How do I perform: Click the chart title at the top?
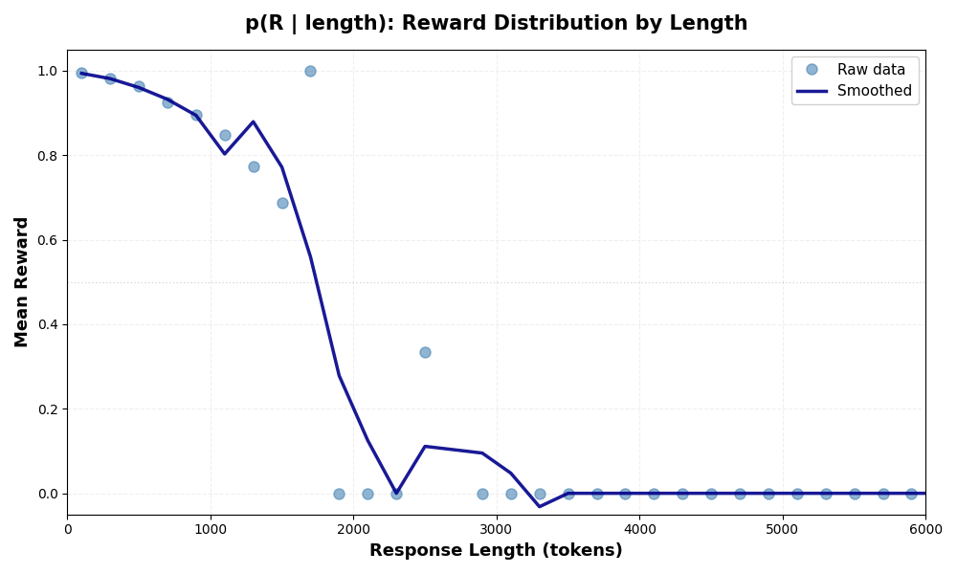pos(496,24)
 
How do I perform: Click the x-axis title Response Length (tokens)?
pos(496,551)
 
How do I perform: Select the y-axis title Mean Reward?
pos(22,281)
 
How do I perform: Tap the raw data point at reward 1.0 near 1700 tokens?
pos(310,71)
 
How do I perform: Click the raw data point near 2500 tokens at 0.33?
pos(425,352)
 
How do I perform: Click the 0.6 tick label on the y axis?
pos(46,240)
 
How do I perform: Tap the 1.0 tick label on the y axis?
pos(46,71)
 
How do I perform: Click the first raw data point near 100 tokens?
pos(81,73)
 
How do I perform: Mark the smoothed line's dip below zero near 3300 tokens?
pos(540,506)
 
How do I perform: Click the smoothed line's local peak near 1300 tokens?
pos(253,121)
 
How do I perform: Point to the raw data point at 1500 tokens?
pos(282,203)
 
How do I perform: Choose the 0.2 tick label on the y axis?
pos(46,409)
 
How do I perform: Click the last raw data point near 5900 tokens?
pos(911,494)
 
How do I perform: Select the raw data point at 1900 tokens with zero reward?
pos(339,494)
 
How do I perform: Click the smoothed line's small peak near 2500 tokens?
pos(425,446)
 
